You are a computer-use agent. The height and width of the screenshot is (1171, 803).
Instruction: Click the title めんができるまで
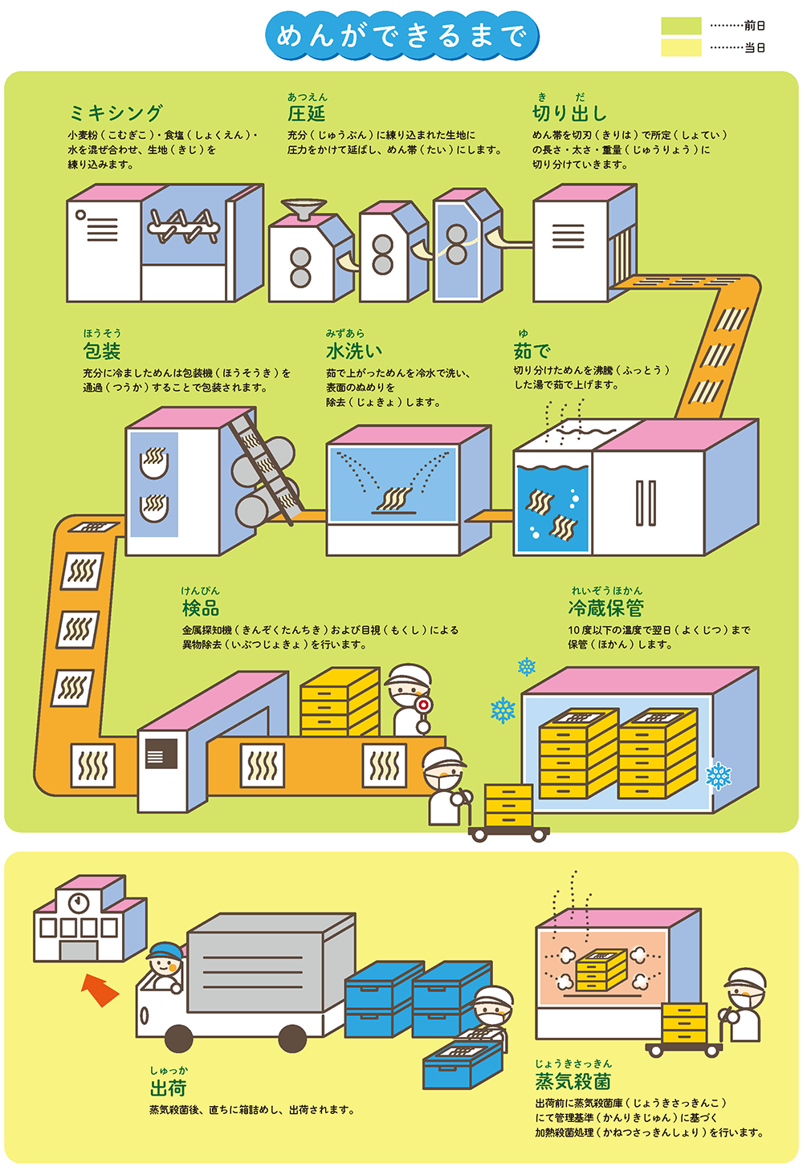pos(401,35)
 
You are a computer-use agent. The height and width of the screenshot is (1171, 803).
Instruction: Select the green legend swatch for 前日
pos(681,26)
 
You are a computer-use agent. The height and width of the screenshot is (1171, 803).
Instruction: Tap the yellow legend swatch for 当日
pos(681,47)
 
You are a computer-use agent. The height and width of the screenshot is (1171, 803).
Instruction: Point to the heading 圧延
pos(307,113)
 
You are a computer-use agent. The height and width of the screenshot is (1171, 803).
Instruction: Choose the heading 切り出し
pos(569,113)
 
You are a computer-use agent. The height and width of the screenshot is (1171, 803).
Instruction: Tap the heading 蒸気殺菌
pos(573,1080)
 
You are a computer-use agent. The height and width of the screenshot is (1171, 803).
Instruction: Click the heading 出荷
pos(169,1088)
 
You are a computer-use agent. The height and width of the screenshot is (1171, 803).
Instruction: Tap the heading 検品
pos(201,608)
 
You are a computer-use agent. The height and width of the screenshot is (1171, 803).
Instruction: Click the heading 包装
pos(102,351)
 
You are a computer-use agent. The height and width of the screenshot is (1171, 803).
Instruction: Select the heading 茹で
pos(532,351)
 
